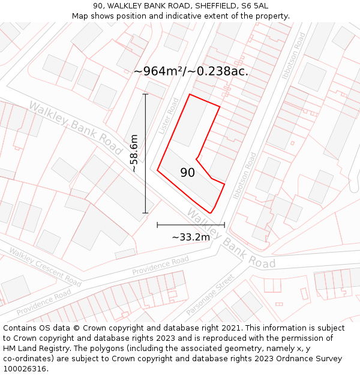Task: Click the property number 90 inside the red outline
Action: click(x=188, y=173)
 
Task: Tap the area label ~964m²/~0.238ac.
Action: click(x=191, y=71)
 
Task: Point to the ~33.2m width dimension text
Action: click(x=191, y=237)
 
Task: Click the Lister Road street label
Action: click(x=169, y=116)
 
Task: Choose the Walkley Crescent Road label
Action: click(x=45, y=268)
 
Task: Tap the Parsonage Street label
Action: click(x=209, y=295)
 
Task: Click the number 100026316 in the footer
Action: click(x=25, y=368)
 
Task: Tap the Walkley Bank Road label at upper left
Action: click(x=76, y=127)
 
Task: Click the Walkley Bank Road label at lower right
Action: click(x=230, y=238)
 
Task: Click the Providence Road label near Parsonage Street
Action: click(x=160, y=266)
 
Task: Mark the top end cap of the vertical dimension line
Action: click(x=145, y=94)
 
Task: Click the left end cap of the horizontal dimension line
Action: click(x=157, y=225)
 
